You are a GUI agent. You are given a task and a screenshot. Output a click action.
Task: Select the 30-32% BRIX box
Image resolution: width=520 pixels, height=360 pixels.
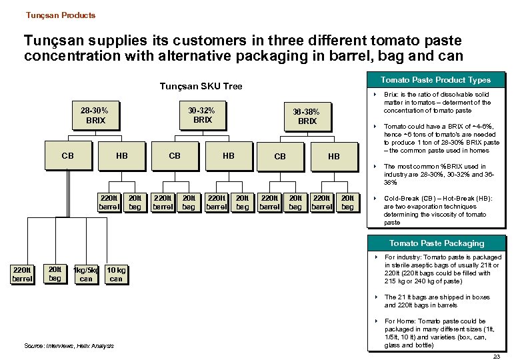click(x=202, y=115)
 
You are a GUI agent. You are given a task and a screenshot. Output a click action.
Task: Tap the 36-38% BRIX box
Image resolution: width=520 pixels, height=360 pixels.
click(x=307, y=117)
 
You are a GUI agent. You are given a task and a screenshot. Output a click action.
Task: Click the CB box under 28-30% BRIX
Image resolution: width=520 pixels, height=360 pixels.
click(x=67, y=156)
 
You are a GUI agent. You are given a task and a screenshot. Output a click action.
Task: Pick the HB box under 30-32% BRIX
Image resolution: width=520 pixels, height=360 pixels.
click(x=228, y=156)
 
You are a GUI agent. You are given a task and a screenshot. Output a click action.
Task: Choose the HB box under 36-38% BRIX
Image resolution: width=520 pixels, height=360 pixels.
click(x=333, y=157)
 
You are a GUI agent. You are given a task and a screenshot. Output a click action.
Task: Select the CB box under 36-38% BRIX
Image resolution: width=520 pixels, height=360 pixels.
click(x=280, y=157)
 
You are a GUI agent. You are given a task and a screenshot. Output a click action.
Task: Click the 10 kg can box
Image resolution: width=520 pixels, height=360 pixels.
click(x=116, y=275)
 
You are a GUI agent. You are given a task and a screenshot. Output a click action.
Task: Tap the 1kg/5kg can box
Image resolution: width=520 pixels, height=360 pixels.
click(x=86, y=275)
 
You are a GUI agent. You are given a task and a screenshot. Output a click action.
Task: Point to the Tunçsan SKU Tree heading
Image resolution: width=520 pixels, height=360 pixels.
click(x=201, y=86)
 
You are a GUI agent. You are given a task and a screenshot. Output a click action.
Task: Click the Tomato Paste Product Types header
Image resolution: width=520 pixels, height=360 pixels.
click(x=435, y=80)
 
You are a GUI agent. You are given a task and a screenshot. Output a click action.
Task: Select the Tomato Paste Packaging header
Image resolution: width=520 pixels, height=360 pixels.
click(x=437, y=243)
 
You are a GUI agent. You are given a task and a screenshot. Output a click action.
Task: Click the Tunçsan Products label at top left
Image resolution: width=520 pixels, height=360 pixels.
click(x=61, y=15)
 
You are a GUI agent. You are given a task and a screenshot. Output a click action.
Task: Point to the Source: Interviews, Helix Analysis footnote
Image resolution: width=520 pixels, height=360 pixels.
click(x=69, y=345)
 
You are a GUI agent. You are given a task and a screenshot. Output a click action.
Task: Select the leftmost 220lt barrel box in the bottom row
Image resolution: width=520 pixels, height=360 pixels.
click(x=22, y=274)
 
